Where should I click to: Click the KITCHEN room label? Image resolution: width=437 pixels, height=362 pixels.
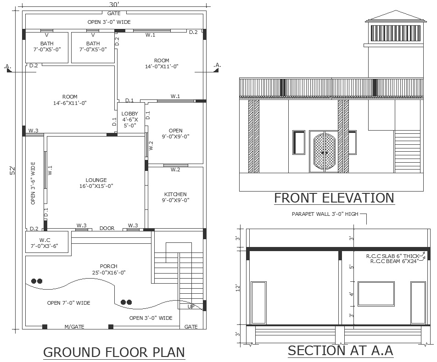pyautogui.click(x=175, y=194)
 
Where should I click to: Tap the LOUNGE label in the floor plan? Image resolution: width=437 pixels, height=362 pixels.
pyautogui.click(x=96, y=180)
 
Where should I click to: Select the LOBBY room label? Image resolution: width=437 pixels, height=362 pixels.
pyautogui.click(x=129, y=114)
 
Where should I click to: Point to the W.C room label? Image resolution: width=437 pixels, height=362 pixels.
pyautogui.click(x=45, y=240)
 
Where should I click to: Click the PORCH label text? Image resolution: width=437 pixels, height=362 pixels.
pyautogui.click(x=109, y=266)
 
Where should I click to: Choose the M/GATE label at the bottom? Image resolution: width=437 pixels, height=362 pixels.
pyautogui.click(x=74, y=327)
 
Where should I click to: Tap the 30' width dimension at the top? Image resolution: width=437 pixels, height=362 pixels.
pyautogui.click(x=114, y=4)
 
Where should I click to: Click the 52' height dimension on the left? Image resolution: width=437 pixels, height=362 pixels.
pyautogui.click(x=12, y=170)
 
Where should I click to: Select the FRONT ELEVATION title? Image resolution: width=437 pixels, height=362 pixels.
pyautogui.click(x=334, y=198)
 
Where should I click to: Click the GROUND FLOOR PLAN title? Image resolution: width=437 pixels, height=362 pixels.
pyautogui.click(x=114, y=352)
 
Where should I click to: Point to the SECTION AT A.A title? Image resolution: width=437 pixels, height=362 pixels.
pyautogui.click(x=340, y=350)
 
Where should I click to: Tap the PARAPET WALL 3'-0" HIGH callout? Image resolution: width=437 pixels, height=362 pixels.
pyautogui.click(x=325, y=214)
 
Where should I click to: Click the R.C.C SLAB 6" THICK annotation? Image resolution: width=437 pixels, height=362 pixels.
pyautogui.click(x=392, y=256)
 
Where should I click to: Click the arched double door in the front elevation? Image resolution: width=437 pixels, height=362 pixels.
pyautogui.click(x=324, y=152)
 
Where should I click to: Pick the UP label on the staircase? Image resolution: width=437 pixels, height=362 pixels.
pyautogui.click(x=191, y=307)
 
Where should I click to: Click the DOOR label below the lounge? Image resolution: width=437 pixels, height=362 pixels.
pyautogui.click(x=107, y=228)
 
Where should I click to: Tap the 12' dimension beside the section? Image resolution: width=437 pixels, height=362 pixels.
pyautogui.click(x=238, y=288)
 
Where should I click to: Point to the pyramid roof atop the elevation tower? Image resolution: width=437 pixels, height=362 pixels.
pyautogui.click(x=396, y=16)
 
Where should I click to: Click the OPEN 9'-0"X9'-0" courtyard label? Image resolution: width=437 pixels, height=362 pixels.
pyautogui.click(x=175, y=133)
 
